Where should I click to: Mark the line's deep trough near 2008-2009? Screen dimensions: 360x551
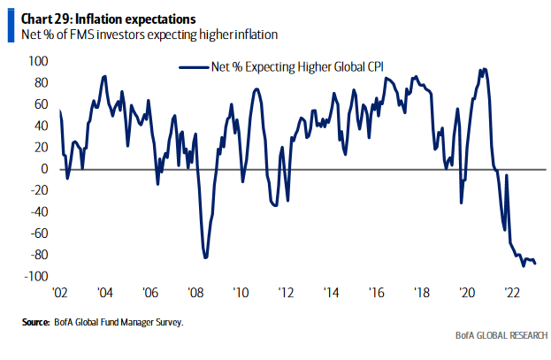pos(205,257)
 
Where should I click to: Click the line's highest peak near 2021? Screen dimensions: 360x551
pos(482,69)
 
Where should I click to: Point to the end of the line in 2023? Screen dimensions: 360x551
pos(535,263)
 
